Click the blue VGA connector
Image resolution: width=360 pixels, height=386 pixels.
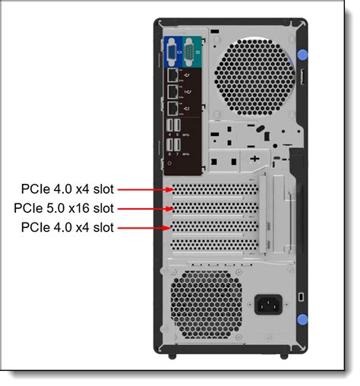(x=172, y=53)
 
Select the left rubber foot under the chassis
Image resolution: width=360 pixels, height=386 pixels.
(x=172, y=355)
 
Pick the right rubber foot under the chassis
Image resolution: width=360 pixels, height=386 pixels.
(x=284, y=355)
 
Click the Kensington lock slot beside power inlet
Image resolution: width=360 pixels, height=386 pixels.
(x=302, y=296)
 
